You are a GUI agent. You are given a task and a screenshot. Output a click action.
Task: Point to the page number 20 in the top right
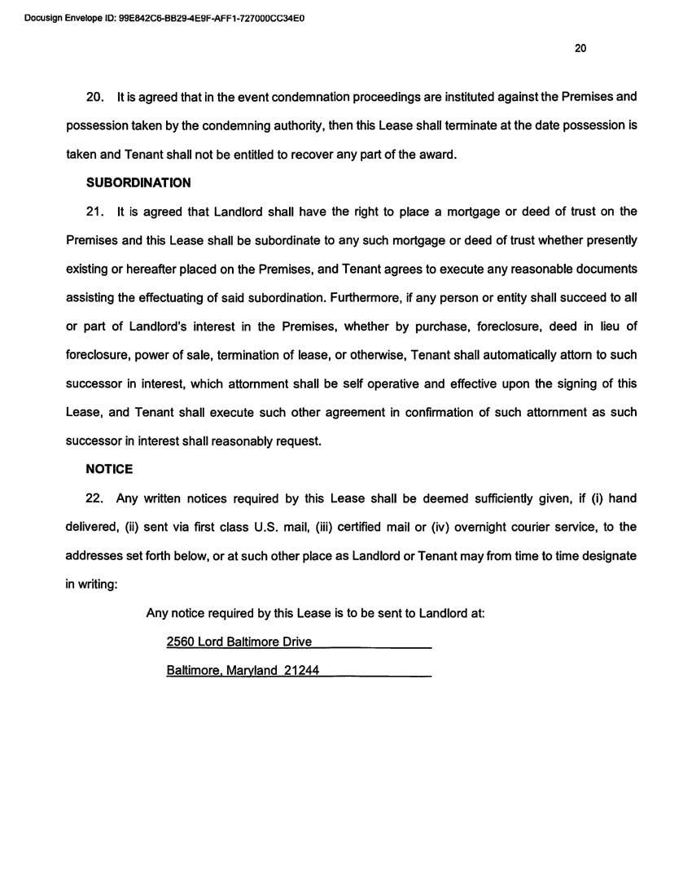pyautogui.click(x=580, y=48)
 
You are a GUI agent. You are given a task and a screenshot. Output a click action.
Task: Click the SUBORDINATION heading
pyautogui.click(x=138, y=183)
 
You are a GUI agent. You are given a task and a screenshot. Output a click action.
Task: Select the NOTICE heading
pyautogui.click(x=109, y=470)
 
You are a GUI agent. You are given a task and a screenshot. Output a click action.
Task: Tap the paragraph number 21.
pyautogui.click(x=95, y=212)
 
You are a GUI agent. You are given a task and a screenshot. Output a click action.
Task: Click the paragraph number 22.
pyautogui.click(x=95, y=498)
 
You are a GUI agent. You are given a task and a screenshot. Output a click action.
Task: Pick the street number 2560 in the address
pyautogui.click(x=181, y=642)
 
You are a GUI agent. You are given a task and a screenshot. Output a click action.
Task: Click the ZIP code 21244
pyautogui.click(x=300, y=671)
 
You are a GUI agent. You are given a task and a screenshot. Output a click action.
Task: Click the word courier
pyautogui.click(x=527, y=527)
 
